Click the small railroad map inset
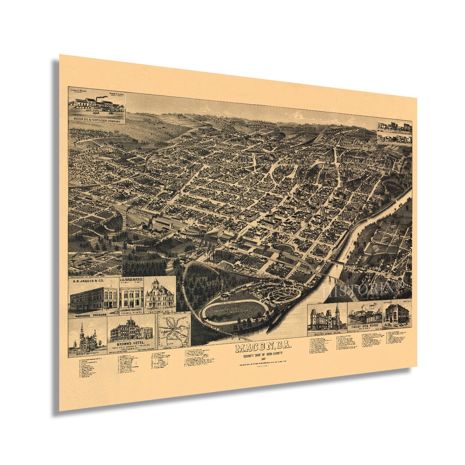click(174, 331)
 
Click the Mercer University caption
click(86, 353)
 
